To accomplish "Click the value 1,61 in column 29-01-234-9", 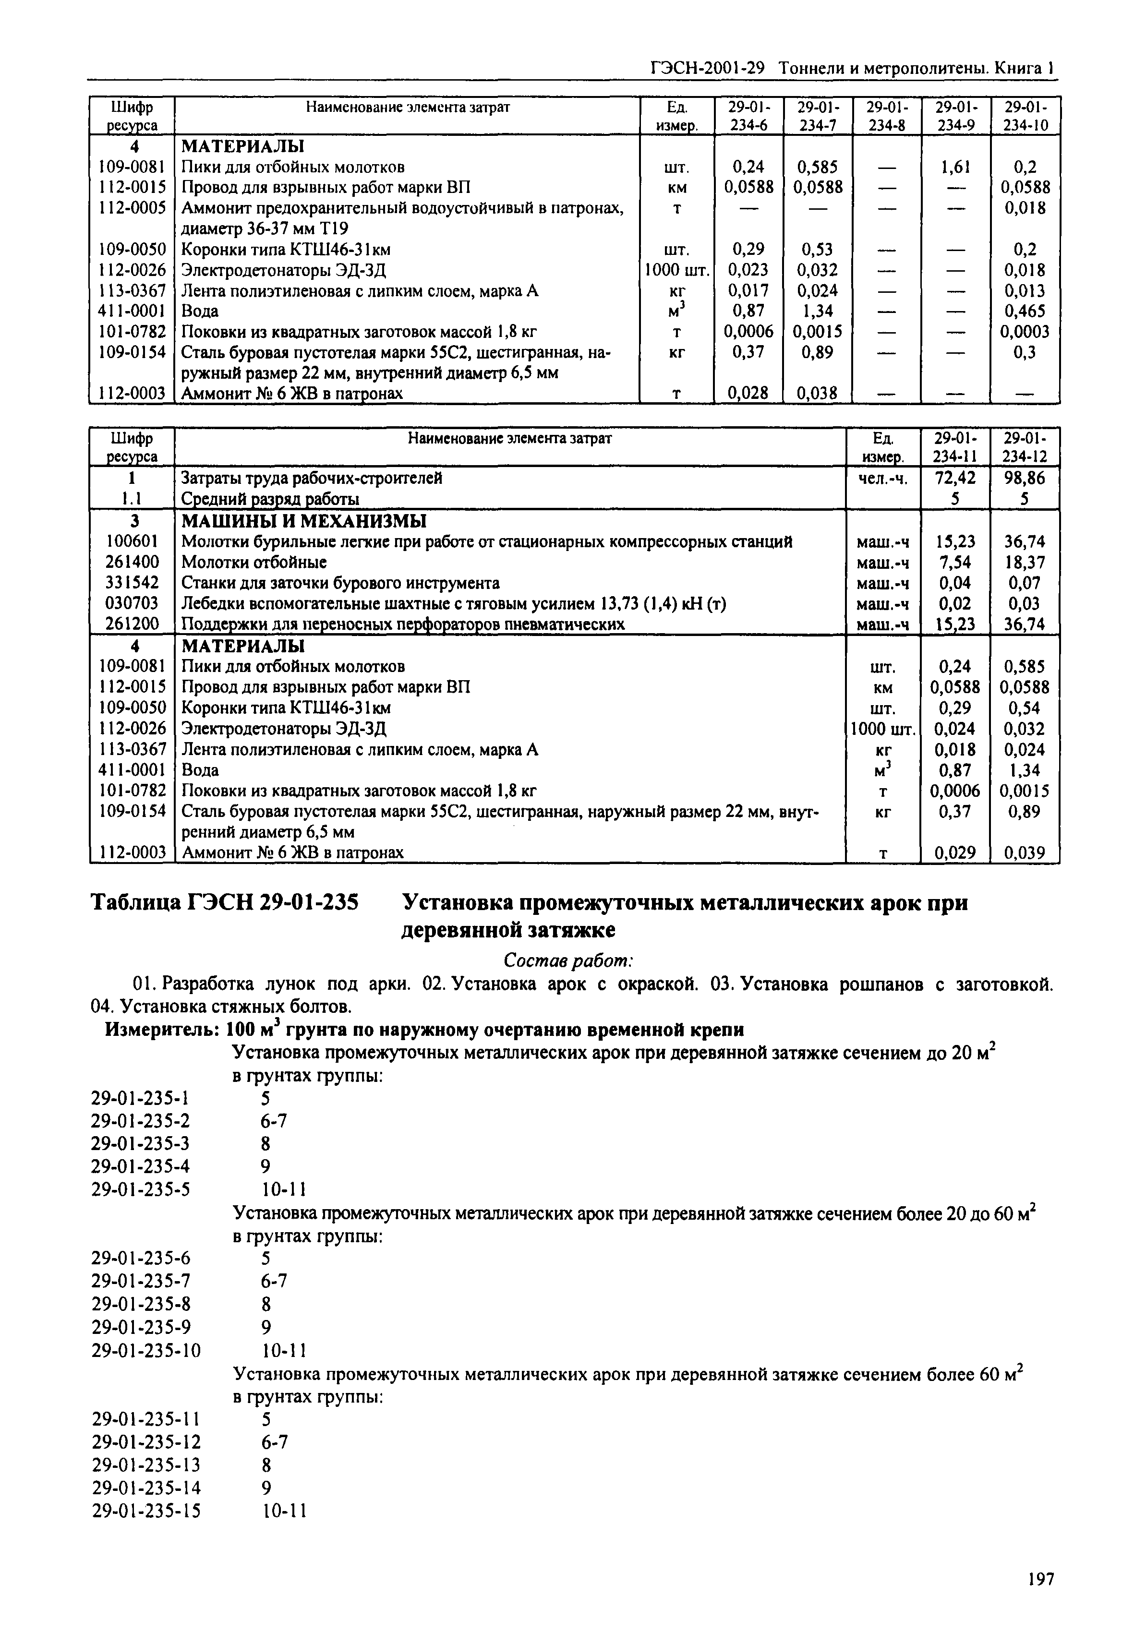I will tap(955, 167).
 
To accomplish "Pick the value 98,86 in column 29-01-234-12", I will tap(1025, 478).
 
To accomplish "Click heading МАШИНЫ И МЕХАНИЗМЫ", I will tap(303, 521).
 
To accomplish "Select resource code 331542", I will tap(132, 583).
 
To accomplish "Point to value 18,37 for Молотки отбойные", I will tap(1025, 562).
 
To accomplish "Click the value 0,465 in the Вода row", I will tap(1025, 311).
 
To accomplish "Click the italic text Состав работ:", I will tap(567, 960).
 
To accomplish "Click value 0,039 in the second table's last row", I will tap(1025, 852).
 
